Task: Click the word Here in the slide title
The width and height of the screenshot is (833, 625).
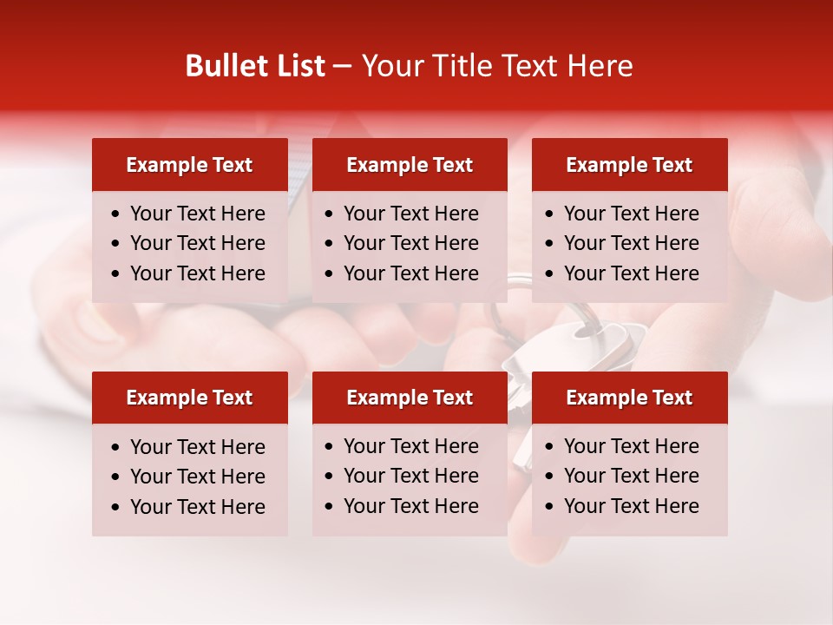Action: pos(599,66)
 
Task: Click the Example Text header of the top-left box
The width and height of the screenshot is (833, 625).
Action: pos(189,165)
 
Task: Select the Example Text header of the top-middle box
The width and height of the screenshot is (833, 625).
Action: pos(410,165)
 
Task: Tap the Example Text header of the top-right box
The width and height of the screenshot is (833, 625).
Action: pos(629,165)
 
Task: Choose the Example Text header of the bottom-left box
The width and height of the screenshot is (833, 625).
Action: pos(189,398)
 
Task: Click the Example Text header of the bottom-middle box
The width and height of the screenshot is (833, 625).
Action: pos(410,398)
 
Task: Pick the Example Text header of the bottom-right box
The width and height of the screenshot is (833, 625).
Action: pos(629,398)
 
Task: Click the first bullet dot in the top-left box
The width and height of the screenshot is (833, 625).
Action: pos(115,214)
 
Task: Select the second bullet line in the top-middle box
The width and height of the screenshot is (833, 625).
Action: pos(410,243)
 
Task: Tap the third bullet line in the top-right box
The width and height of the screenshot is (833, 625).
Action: pos(631,273)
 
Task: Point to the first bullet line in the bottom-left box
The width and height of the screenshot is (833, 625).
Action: pos(197,447)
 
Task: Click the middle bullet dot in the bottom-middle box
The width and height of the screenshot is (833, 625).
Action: pos(330,477)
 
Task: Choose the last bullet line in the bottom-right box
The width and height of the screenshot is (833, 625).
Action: pos(631,506)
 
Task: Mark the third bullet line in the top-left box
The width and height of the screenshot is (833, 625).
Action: pos(197,273)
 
